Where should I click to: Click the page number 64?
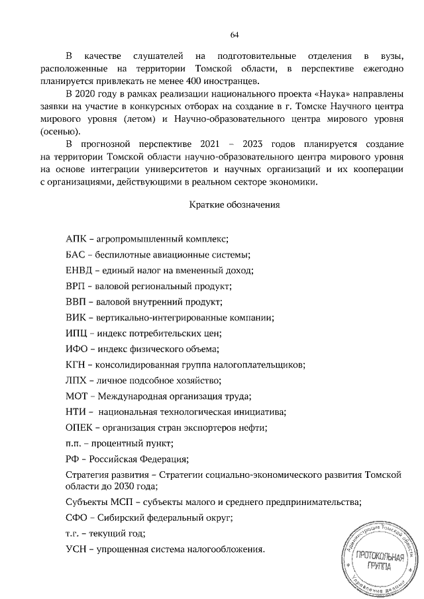tap(235, 34)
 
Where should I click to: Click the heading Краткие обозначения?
tap(235, 205)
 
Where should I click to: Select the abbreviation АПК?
tap(76, 239)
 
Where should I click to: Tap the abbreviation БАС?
tap(76, 255)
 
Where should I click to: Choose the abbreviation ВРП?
tap(76, 287)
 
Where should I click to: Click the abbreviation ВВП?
tap(76, 302)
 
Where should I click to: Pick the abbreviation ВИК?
tap(76, 318)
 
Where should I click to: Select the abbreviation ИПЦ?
tap(77, 334)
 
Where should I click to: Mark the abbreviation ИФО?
tap(78, 349)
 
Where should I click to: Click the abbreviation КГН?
tap(76, 365)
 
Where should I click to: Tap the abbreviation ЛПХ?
tap(77, 381)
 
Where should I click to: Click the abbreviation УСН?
tap(76, 549)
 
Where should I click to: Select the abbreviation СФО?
tap(77, 518)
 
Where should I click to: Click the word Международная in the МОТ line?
tap(130, 396)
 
